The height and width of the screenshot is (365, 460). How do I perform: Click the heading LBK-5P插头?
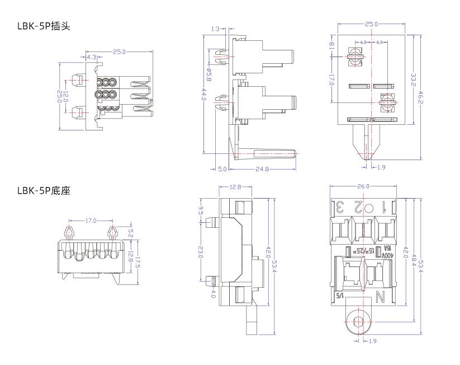(44, 26)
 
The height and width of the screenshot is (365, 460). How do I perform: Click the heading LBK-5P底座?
(44, 191)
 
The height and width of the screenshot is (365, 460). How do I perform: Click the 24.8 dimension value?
(262, 169)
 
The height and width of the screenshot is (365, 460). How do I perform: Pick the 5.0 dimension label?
(222, 169)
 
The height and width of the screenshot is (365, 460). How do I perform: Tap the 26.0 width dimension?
(364, 186)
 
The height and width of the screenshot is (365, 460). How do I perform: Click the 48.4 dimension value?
(414, 260)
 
